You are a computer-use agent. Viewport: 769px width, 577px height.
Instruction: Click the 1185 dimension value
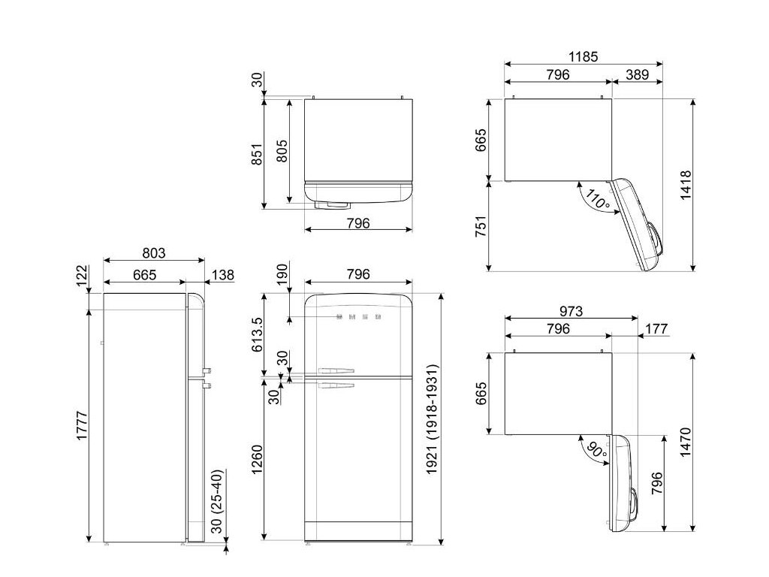coord(583,56)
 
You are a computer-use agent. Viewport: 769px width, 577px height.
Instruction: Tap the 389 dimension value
coord(637,74)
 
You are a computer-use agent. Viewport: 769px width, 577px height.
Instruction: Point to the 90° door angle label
coord(596,449)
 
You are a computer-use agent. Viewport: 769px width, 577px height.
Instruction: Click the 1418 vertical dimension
coord(685,185)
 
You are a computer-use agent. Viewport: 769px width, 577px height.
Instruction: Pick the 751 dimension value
coord(481,226)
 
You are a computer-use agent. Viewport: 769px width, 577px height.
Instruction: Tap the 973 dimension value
coord(571,311)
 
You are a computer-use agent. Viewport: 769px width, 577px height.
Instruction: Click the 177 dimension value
coord(656,328)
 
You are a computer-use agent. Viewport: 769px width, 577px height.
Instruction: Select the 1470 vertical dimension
coord(685,442)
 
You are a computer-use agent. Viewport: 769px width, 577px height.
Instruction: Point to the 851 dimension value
coord(257,154)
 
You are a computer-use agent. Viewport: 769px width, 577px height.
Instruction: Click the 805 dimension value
coord(282,151)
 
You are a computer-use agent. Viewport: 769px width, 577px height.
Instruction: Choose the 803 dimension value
coord(153,253)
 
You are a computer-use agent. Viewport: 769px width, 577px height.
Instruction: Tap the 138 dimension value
coord(222,275)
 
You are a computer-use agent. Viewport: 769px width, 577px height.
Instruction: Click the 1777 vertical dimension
coord(82,425)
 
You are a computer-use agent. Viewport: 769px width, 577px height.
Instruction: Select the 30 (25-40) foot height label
coord(217,501)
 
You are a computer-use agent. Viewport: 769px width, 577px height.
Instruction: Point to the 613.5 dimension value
coord(257,334)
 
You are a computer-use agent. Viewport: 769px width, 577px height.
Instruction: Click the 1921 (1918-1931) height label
coord(431,419)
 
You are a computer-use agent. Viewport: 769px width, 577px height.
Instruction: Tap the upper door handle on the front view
coord(336,371)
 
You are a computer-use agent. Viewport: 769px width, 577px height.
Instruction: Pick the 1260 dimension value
coord(257,460)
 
